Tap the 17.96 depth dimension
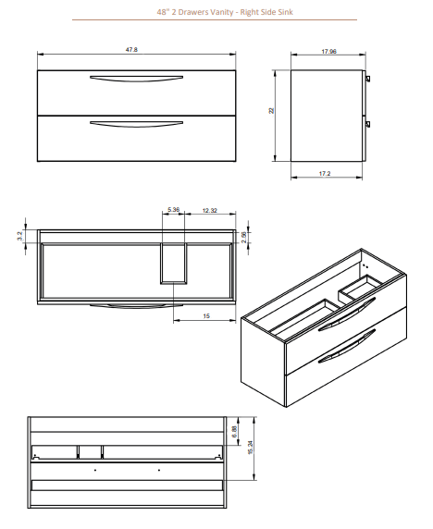click(328, 52)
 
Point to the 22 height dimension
click(272, 111)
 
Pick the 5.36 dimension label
click(173, 210)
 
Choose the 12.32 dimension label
click(209, 210)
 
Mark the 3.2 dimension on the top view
click(19, 238)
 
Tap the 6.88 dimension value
click(237, 430)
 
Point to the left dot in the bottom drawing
click(95, 470)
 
